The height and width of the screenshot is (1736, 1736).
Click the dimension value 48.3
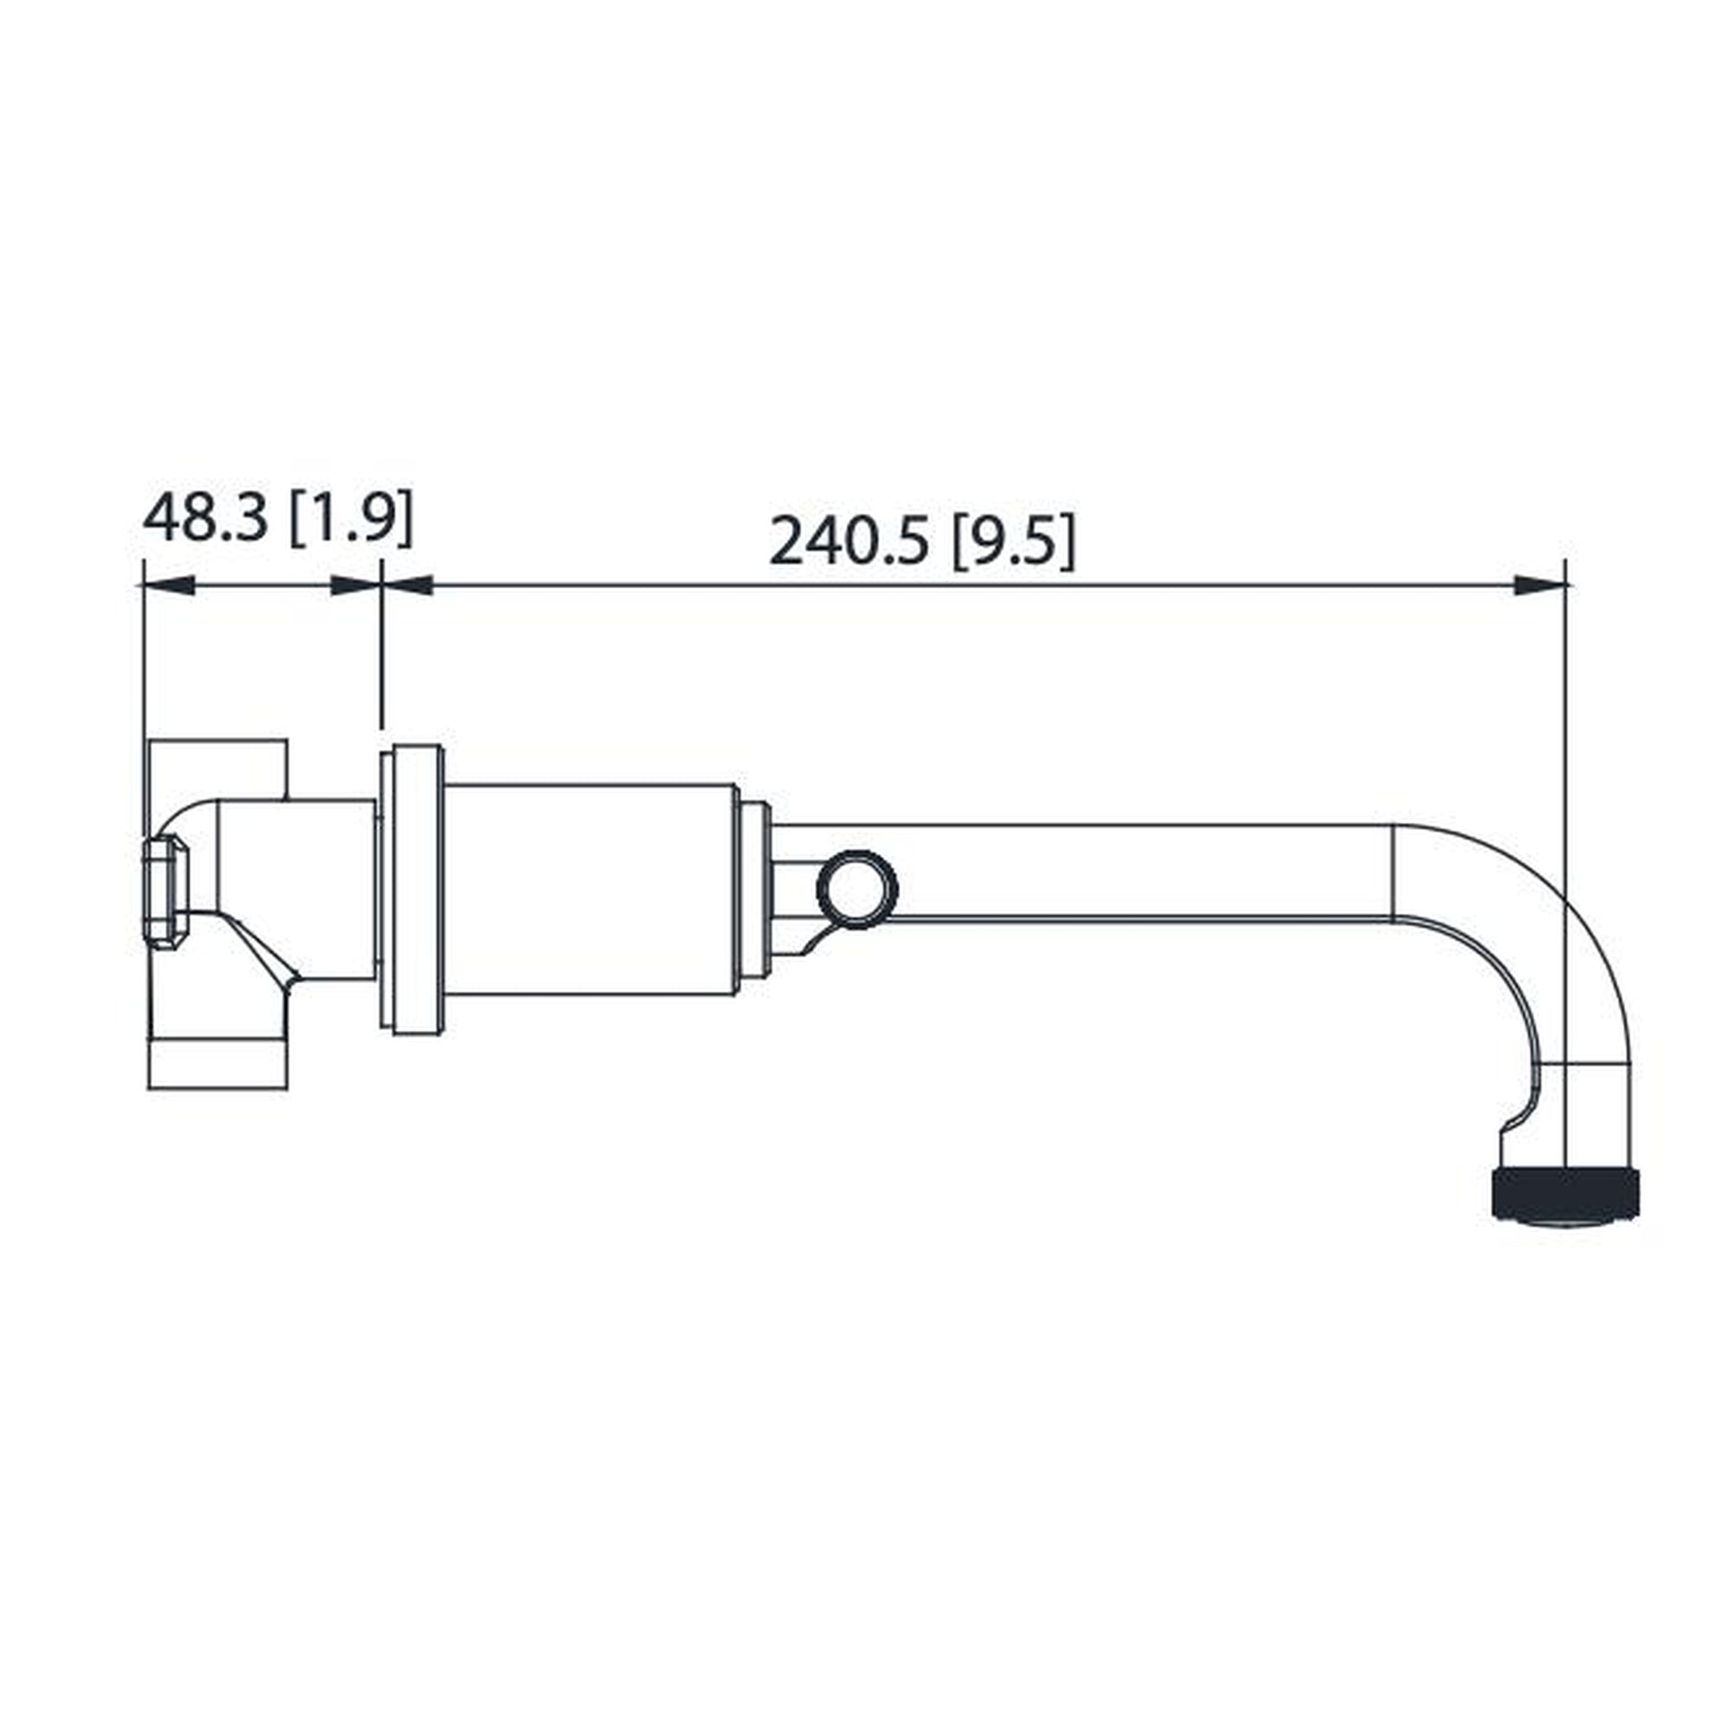[205, 518]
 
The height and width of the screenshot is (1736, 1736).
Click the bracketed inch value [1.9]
[352, 518]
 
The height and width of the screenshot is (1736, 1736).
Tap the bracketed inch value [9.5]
[1013, 542]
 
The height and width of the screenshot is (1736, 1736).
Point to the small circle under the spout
[857, 889]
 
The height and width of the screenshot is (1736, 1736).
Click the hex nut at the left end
[165, 892]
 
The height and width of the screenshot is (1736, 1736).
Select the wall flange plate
[412, 889]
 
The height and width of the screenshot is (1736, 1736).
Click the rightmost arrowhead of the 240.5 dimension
[1538, 586]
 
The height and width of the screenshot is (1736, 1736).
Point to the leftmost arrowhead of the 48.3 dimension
[168, 586]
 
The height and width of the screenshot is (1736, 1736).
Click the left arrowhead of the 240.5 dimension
[409, 586]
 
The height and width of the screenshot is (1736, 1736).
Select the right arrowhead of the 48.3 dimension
[354, 586]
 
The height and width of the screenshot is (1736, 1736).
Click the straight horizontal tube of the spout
[1123, 870]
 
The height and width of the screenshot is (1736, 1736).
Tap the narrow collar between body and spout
[754, 889]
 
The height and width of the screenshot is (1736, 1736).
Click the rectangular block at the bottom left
[218, 1064]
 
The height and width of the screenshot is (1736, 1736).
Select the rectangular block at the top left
[218, 767]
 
